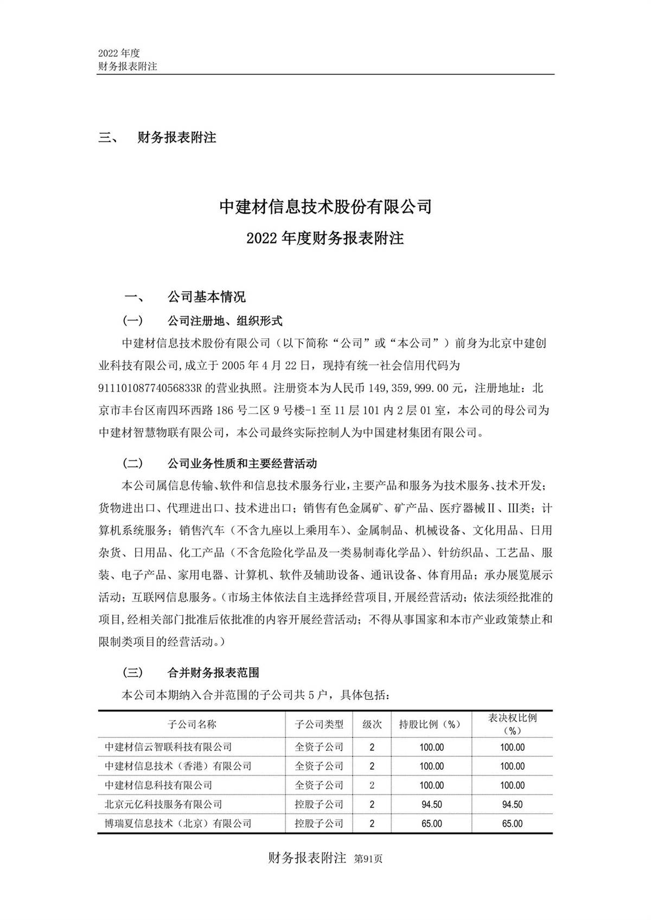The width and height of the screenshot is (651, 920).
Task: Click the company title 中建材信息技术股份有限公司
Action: (x=325, y=207)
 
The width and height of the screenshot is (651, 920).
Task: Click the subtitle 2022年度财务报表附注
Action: (x=325, y=239)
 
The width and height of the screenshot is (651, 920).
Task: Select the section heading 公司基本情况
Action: (x=206, y=297)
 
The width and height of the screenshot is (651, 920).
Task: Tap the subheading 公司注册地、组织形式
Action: (x=225, y=321)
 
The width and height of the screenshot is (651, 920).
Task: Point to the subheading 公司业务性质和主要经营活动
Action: (x=242, y=464)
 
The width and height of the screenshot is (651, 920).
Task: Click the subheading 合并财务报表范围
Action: (x=213, y=673)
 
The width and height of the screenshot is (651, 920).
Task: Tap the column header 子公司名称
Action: (x=192, y=724)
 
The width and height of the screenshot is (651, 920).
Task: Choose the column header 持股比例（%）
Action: (x=430, y=724)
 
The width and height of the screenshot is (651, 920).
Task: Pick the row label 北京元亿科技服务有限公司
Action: (x=163, y=804)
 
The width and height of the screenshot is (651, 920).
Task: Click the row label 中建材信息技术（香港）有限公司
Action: (x=178, y=766)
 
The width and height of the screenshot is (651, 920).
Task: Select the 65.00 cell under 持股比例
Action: (x=431, y=824)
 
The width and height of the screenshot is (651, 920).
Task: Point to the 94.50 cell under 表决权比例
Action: (x=512, y=805)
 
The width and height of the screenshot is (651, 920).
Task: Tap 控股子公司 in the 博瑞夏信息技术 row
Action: (x=319, y=824)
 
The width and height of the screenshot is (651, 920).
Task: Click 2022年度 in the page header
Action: (x=119, y=53)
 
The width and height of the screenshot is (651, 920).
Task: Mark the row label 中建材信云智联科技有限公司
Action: (x=168, y=747)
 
